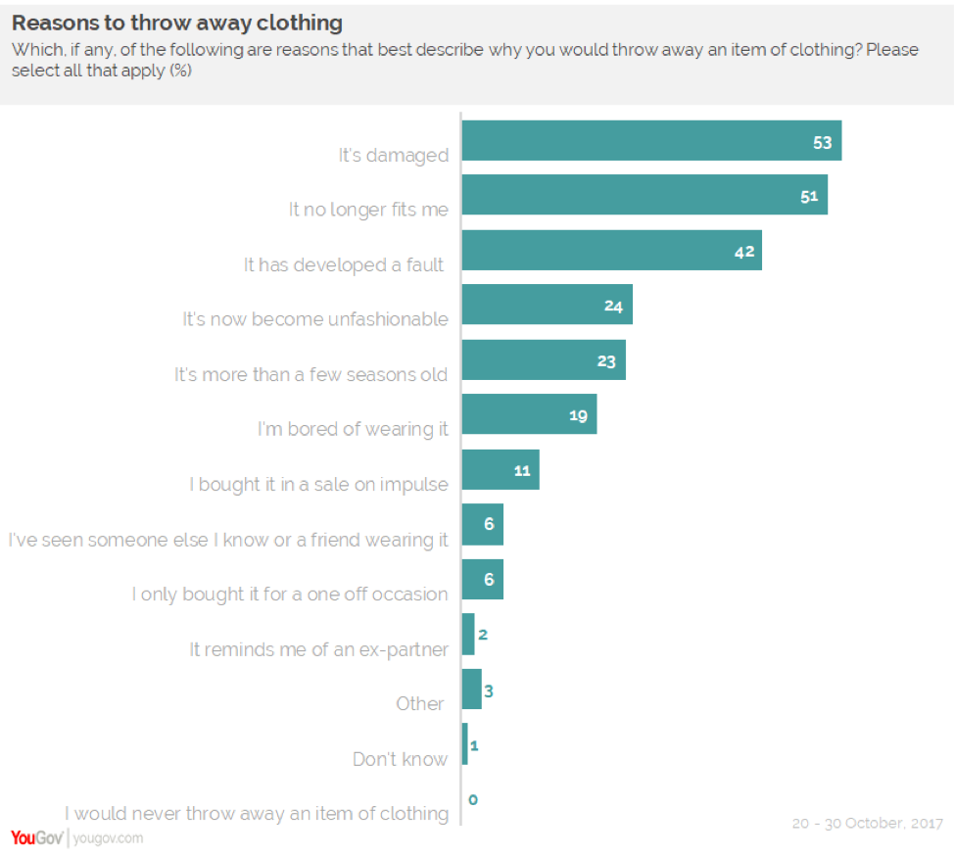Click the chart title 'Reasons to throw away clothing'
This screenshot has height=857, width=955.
(177, 23)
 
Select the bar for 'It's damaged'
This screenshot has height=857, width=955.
(651, 141)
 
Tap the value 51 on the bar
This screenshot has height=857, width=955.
(809, 196)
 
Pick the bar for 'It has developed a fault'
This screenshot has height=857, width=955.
(611, 251)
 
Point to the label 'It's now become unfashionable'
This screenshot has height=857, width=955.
(315, 319)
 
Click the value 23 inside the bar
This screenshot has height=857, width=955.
(606, 361)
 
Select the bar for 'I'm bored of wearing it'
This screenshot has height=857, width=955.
(529, 415)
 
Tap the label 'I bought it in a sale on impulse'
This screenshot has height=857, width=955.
(318, 484)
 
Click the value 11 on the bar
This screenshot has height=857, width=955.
(522, 471)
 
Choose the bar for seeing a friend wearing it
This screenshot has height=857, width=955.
(482, 525)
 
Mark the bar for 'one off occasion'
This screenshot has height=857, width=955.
(482, 580)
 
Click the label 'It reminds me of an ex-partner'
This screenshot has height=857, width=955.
(318, 648)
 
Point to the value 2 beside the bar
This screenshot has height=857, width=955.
(483, 635)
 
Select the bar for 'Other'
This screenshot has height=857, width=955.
(471, 690)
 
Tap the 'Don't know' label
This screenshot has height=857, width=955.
(400, 759)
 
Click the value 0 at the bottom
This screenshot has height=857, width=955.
(472, 799)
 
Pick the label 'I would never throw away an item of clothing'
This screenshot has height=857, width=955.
(257, 813)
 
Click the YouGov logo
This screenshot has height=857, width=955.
(36, 837)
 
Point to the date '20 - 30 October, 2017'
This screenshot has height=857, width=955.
(867, 824)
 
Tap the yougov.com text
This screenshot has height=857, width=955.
(108, 838)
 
